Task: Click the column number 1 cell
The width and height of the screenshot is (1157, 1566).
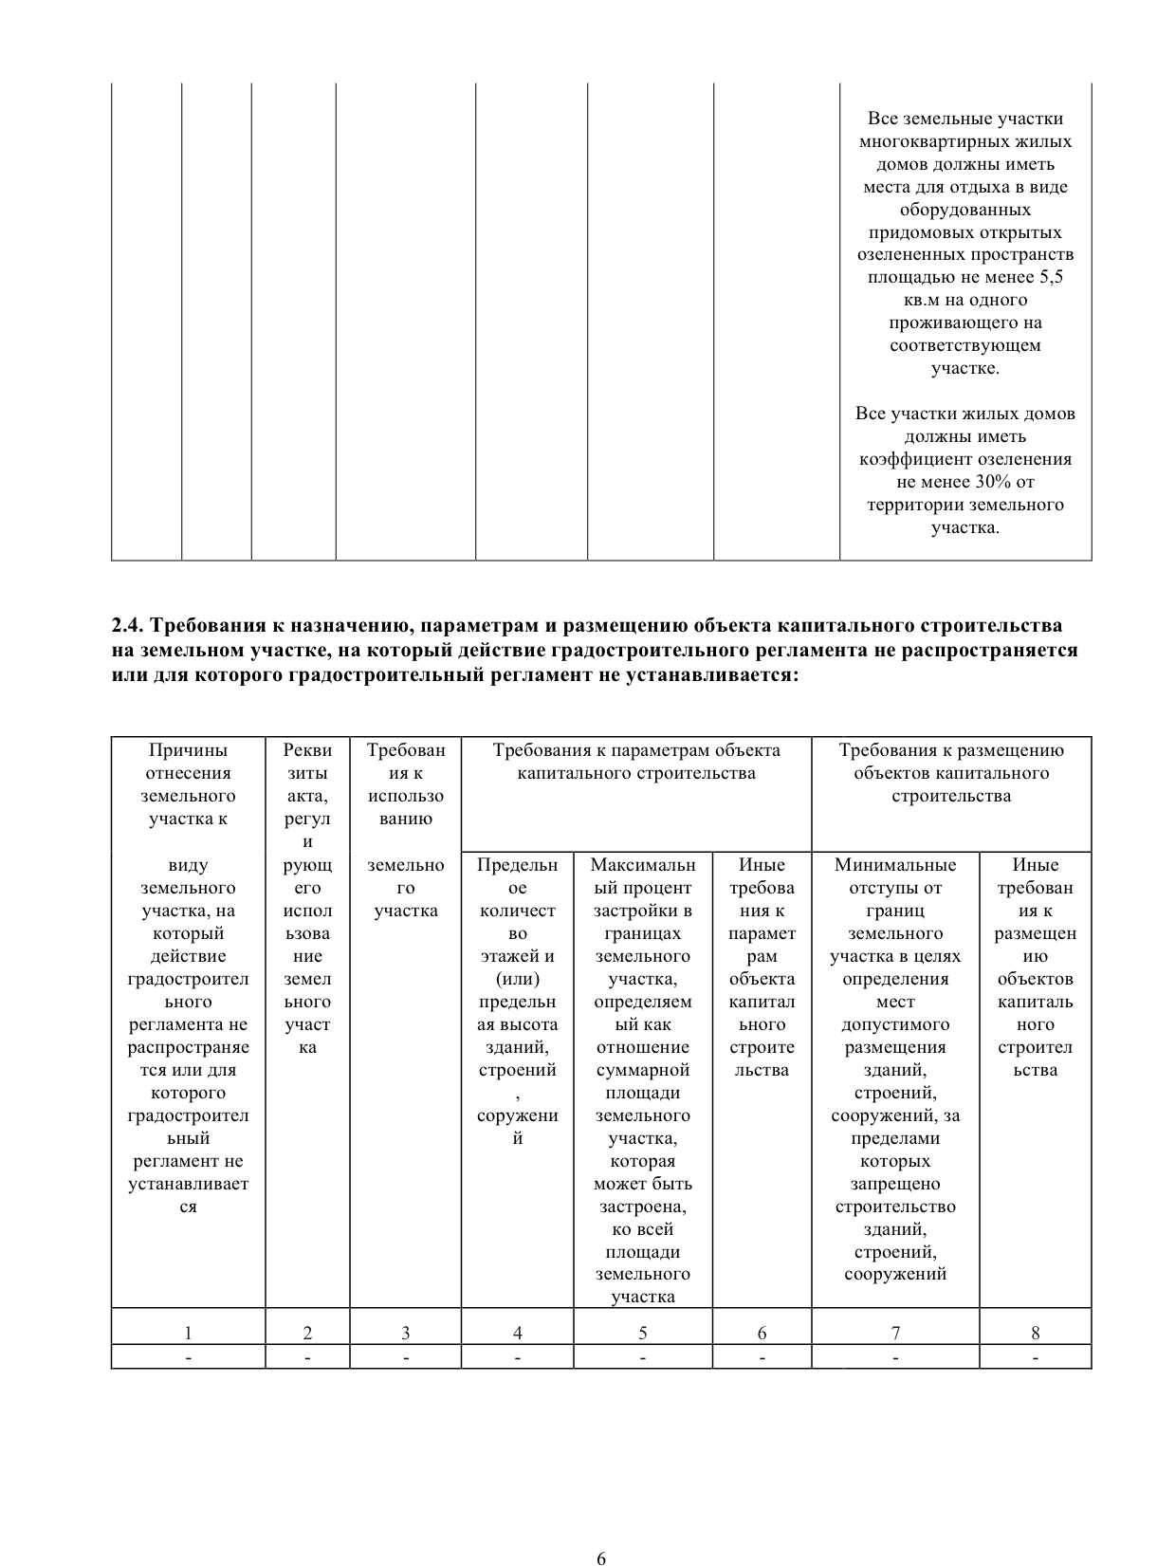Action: [188, 1333]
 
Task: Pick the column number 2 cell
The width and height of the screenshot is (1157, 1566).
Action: [307, 1333]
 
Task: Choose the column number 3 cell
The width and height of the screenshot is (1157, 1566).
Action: [405, 1333]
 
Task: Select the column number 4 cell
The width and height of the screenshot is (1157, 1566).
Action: [517, 1333]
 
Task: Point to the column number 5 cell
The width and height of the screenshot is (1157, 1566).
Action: [642, 1333]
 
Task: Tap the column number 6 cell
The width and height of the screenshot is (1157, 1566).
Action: [762, 1333]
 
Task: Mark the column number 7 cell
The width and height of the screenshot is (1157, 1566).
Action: [895, 1333]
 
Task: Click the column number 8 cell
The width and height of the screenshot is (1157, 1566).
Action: [1035, 1333]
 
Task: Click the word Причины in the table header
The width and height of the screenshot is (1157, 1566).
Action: [188, 750]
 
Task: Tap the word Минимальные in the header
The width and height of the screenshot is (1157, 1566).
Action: [895, 865]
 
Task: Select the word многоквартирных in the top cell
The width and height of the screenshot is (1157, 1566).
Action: [965, 141]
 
